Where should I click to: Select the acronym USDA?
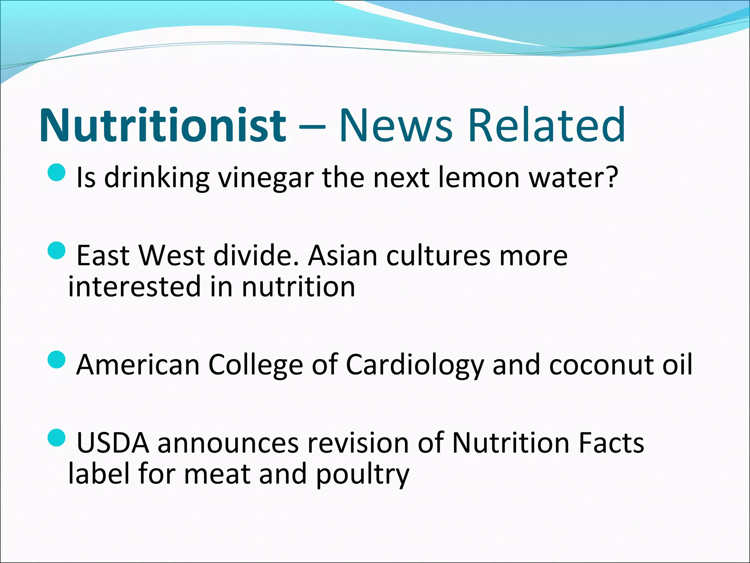pos(113,443)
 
